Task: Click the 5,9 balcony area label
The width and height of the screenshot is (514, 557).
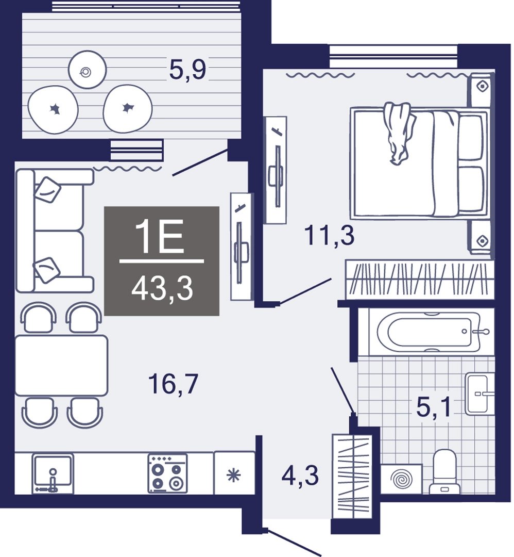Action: pyautogui.click(x=187, y=70)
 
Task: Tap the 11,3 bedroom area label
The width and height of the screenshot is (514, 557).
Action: pyautogui.click(x=329, y=236)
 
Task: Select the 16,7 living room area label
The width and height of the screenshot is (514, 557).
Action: pyautogui.click(x=173, y=384)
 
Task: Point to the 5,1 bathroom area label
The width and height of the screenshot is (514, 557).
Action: pyautogui.click(x=433, y=407)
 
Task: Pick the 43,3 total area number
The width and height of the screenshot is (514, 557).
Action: pyautogui.click(x=162, y=289)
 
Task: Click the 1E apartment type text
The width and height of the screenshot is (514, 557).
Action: pyautogui.click(x=162, y=238)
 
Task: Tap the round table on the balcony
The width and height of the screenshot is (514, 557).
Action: pyautogui.click(x=87, y=69)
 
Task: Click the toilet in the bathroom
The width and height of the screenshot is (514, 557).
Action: pyautogui.click(x=444, y=471)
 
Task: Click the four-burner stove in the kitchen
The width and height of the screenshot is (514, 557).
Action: pyautogui.click(x=167, y=473)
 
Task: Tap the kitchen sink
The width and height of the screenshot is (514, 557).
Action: pyautogui.click(x=53, y=473)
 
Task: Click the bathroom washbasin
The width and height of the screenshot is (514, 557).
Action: pyautogui.click(x=479, y=394)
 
